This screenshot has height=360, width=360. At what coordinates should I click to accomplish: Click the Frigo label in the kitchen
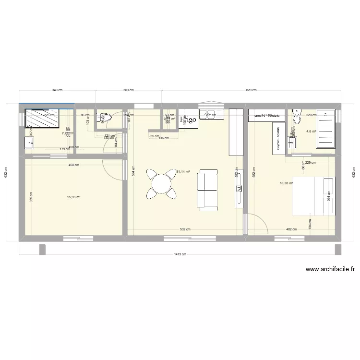[188, 120]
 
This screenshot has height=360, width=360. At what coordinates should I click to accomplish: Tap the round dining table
[161, 183]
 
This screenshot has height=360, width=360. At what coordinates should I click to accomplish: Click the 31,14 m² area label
[183, 171]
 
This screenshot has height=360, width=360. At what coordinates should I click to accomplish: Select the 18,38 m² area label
[286, 183]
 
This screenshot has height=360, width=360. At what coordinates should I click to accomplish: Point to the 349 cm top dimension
[57, 90]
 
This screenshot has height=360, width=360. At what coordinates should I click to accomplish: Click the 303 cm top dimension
[128, 90]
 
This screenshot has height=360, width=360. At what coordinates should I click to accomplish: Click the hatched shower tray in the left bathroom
[42, 118]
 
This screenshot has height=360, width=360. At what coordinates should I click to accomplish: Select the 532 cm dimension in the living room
[185, 229]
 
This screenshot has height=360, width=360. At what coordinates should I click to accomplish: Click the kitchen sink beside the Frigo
[210, 114]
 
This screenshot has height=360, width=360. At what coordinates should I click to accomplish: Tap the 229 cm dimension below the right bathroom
[311, 163]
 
